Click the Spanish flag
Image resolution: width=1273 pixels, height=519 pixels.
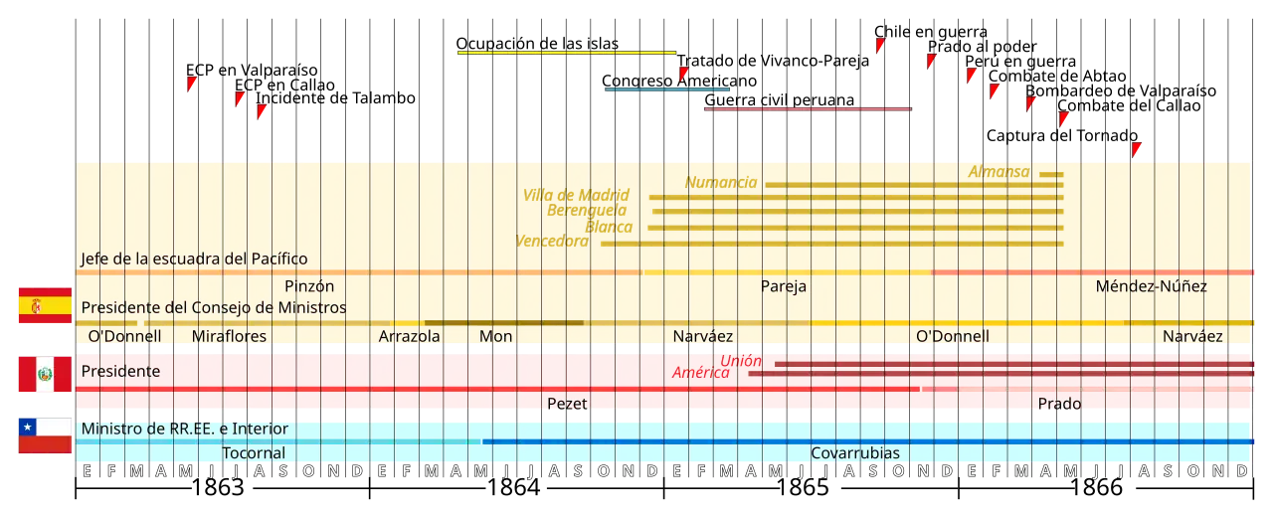44,306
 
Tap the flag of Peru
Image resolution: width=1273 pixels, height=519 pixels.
44,374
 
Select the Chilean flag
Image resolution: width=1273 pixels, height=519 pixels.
44,435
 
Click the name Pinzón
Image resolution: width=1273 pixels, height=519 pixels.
309,286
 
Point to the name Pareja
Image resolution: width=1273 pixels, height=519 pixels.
784,286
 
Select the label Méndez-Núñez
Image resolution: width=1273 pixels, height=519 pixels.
1151,286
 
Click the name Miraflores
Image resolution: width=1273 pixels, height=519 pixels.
229,336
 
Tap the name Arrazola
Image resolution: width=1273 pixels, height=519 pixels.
409,336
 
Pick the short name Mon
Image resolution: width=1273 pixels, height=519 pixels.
495,336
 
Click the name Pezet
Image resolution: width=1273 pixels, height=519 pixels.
567,404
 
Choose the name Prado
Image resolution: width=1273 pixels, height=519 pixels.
1059,404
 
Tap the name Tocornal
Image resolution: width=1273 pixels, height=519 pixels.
254,453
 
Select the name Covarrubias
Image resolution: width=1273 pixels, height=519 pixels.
855,453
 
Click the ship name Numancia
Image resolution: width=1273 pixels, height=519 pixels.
721,183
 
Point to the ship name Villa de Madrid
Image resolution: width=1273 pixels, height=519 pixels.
576,195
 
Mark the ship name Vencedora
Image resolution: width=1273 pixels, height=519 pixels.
553,241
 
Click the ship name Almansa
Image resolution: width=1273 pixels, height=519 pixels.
999,172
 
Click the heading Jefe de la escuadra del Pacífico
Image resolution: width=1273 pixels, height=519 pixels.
194,259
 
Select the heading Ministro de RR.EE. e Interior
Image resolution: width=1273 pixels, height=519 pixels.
185,429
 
